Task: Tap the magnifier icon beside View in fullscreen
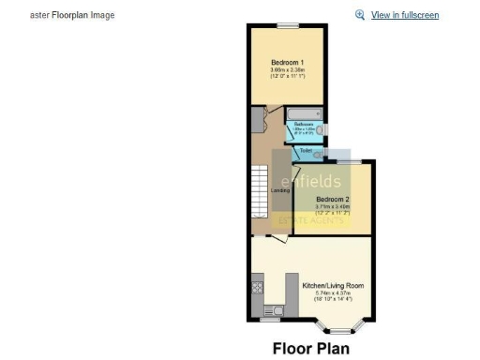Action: [x=360, y=15]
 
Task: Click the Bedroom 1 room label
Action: [x=287, y=63]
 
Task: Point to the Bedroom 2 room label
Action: [x=333, y=200]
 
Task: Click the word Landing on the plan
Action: [x=279, y=191]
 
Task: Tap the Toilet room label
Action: [x=306, y=149]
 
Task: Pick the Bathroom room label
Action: [x=304, y=124]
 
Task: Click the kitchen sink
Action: [x=273, y=310]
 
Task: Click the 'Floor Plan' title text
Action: [x=310, y=349]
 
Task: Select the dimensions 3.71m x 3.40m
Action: [x=333, y=207]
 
